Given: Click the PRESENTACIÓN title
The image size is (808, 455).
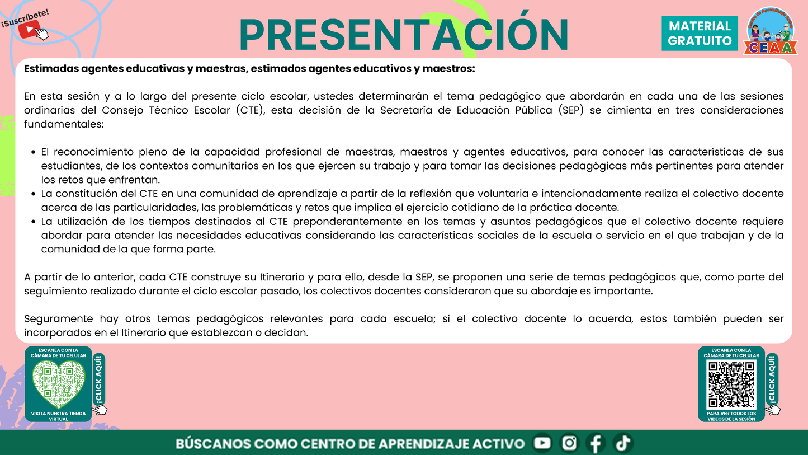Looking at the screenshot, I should [x=403, y=35].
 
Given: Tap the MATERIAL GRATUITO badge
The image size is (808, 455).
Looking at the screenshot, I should [x=700, y=34].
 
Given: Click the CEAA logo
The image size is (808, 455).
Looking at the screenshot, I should [x=770, y=32].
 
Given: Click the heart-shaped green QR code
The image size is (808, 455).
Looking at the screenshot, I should [x=58, y=384].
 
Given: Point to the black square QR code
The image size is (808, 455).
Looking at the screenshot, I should [x=731, y=384].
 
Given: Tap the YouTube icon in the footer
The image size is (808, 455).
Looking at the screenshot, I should [x=542, y=443].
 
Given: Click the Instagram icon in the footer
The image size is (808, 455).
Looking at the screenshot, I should [x=569, y=443].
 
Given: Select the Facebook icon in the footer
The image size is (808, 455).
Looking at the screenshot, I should [x=596, y=443].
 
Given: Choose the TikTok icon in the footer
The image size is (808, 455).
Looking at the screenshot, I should [x=622, y=443].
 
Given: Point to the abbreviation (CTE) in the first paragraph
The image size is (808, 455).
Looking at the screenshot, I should [x=252, y=110].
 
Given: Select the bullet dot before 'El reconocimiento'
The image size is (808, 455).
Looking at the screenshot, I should [x=34, y=152].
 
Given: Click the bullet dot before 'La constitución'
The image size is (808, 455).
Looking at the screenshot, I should [x=34, y=194].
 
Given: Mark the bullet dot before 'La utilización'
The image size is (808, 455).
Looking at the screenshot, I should [x=34, y=222].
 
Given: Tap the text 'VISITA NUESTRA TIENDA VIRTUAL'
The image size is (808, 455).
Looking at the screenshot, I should [x=58, y=416].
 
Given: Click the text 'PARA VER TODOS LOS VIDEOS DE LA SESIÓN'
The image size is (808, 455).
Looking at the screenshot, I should [x=731, y=416].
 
